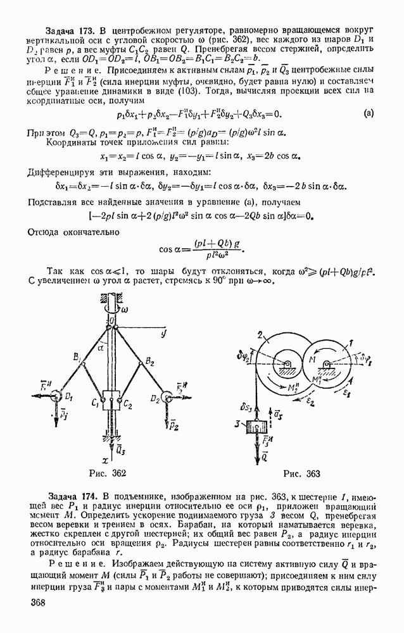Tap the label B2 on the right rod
[150, 361]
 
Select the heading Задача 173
[70, 30]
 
